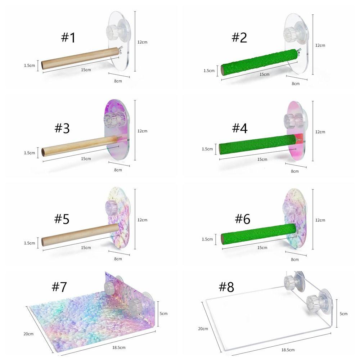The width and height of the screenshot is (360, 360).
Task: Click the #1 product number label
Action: pyautogui.click(x=68, y=37)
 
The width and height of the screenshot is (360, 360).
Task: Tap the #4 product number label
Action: pyautogui.click(x=240, y=128)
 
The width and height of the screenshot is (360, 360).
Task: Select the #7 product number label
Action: pyautogui.click(x=59, y=287)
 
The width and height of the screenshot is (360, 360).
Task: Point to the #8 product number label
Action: pyautogui.click(x=226, y=287)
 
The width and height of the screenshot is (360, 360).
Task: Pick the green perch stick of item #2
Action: pyautogui.click(x=258, y=62)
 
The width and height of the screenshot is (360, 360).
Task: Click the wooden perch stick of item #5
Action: pyautogui.click(x=80, y=235)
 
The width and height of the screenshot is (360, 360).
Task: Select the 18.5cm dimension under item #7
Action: pyautogui.click(x=119, y=347)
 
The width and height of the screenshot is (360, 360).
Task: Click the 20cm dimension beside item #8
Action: pyautogui.click(x=203, y=329)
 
